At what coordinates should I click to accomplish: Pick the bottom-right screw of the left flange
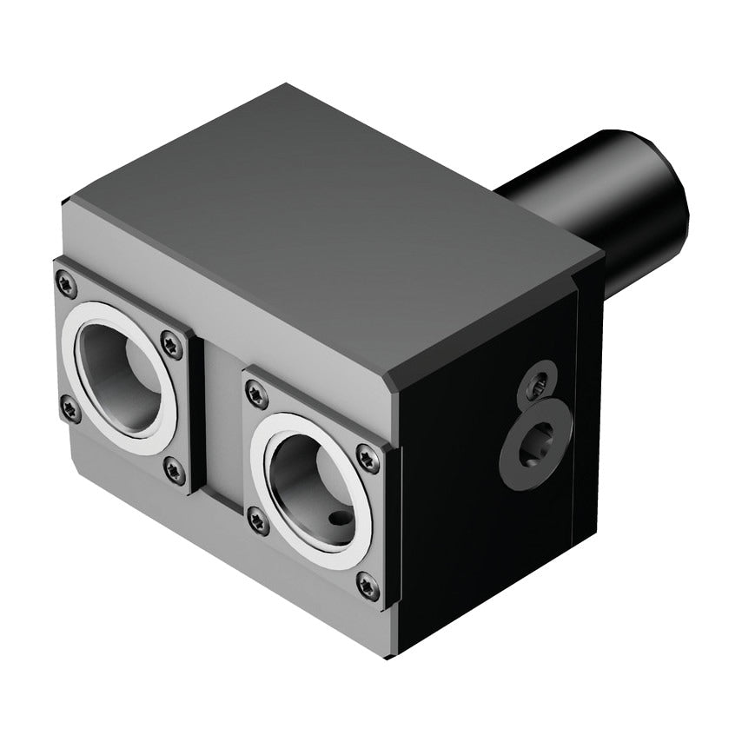(176, 472)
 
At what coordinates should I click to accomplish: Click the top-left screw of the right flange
(255, 395)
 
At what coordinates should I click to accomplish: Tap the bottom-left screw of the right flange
(258, 520)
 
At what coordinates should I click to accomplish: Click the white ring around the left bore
(73, 348)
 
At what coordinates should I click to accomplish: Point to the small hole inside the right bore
(339, 519)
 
